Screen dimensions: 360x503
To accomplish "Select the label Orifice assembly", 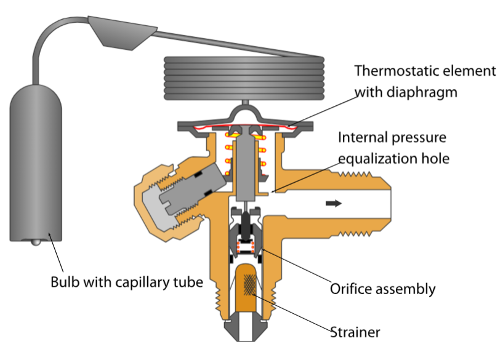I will coord(382,289).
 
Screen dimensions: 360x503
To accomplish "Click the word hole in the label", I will coord(436,159).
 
